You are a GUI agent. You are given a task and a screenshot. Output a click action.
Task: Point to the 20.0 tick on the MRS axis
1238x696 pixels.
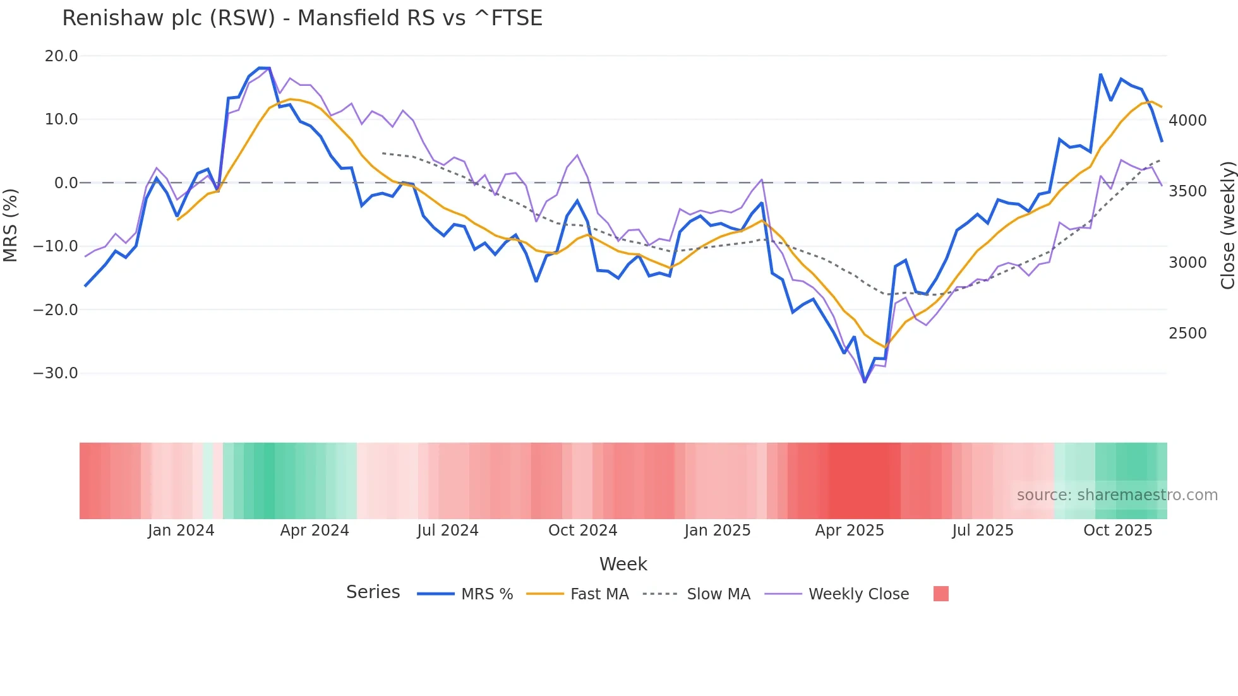(x=61, y=56)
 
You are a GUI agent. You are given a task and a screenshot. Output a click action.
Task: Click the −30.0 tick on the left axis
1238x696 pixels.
(x=56, y=373)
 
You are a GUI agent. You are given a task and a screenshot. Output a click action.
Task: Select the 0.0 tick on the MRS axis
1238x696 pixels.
(x=66, y=183)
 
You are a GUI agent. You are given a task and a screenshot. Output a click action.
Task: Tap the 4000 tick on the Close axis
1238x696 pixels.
(x=1187, y=121)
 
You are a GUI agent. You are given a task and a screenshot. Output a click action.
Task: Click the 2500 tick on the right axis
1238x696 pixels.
(x=1187, y=333)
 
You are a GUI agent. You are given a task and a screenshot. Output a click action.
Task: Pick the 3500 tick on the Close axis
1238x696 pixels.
(x=1187, y=191)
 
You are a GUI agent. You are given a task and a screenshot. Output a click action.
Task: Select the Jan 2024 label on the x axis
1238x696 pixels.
(x=181, y=531)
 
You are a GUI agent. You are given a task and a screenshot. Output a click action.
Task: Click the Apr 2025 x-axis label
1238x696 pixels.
(x=850, y=531)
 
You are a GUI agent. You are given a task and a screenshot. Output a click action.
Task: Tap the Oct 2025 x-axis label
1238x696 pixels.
(x=1118, y=531)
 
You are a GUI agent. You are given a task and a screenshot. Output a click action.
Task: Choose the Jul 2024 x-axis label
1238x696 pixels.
(x=448, y=531)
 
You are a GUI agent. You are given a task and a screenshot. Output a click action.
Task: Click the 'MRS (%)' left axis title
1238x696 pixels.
(x=11, y=225)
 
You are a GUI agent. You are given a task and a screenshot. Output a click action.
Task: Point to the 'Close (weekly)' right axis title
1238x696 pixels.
(x=1227, y=225)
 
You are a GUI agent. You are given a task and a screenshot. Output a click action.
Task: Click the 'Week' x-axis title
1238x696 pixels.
(x=623, y=564)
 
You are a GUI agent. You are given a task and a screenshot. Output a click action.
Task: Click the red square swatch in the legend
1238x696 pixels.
(x=941, y=594)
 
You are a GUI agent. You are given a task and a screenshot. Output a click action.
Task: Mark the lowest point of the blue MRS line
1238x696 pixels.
(x=865, y=382)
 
